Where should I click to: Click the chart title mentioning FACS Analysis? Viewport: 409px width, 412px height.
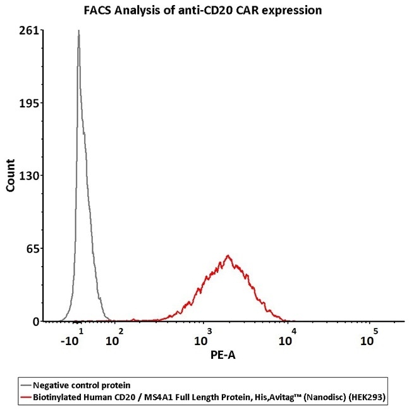pos(204,10)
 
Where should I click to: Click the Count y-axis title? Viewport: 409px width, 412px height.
pos(11,176)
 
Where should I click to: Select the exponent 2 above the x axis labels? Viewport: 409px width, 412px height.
pos(121,331)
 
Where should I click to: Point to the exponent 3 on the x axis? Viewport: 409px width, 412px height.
pos(207,331)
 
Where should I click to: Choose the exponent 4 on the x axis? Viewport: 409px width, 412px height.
pos(293,331)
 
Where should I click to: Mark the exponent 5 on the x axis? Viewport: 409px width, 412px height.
pos(375,331)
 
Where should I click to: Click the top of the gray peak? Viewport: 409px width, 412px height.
pos(78,30)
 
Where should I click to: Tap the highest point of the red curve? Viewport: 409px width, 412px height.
pos(228,256)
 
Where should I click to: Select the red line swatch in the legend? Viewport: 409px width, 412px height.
pos(26,396)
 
